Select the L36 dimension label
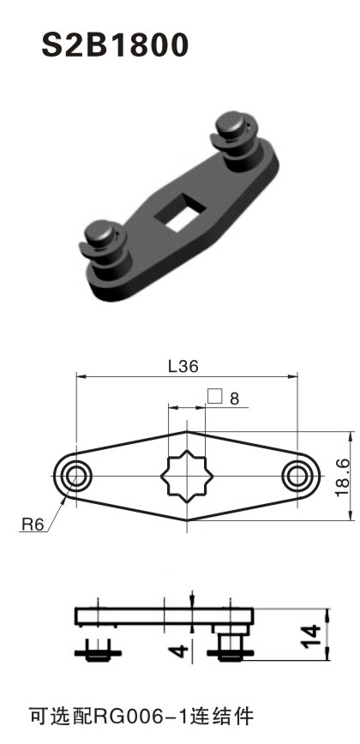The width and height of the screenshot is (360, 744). coord(183,366)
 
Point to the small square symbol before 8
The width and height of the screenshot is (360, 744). coord(214,397)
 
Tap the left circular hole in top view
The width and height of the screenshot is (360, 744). coord(75,474)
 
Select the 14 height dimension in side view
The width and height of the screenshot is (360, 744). coord(315,635)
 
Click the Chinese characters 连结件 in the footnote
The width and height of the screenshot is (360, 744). coord(225,714)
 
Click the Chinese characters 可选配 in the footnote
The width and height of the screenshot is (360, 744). coord(55,714)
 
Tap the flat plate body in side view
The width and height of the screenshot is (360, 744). coord(146,617)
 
